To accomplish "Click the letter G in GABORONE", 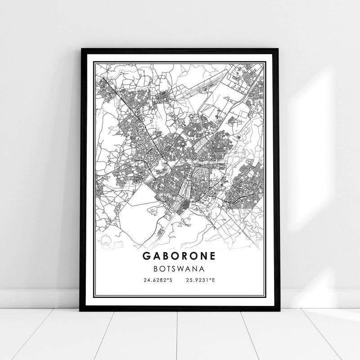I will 148,255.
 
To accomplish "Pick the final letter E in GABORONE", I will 212,255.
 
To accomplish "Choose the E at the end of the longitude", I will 214,280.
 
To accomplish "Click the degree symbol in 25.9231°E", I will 211,279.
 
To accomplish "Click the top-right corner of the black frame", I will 279,47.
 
